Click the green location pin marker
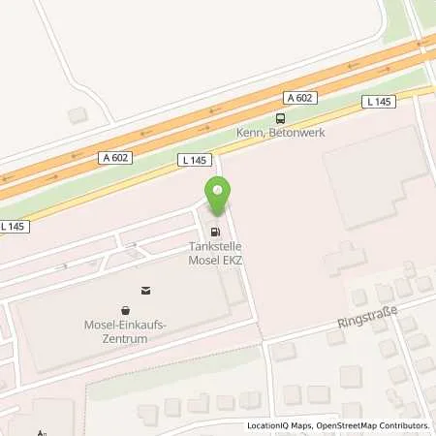click(x=216, y=198)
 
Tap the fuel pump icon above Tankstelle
click(x=215, y=233)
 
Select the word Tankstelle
click(x=215, y=247)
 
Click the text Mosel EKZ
click(x=215, y=260)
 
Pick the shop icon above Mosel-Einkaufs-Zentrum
click(x=146, y=289)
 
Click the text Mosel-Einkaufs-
click(x=122, y=325)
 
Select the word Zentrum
click(x=122, y=337)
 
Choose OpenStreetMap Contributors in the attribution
click(x=373, y=426)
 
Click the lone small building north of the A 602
click(x=77, y=114)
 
